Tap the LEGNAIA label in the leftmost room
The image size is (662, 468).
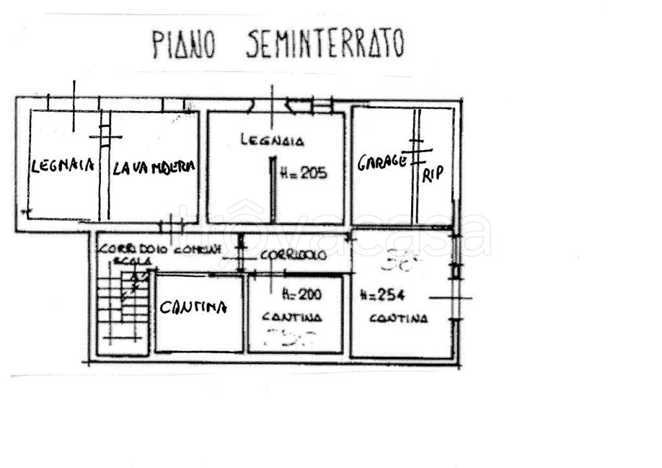[x=63, y=165]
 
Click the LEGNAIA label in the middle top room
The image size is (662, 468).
[x=272, y=139]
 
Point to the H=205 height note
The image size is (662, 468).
[x=304, y=173]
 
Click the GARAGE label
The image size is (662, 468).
[x=382, y=162]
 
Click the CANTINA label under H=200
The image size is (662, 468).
[x=292, y=317]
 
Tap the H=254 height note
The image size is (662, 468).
[x=381, y=295]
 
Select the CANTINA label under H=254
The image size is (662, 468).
[x=398, y=318]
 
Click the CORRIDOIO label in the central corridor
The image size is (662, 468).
[x=294, y=255]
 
